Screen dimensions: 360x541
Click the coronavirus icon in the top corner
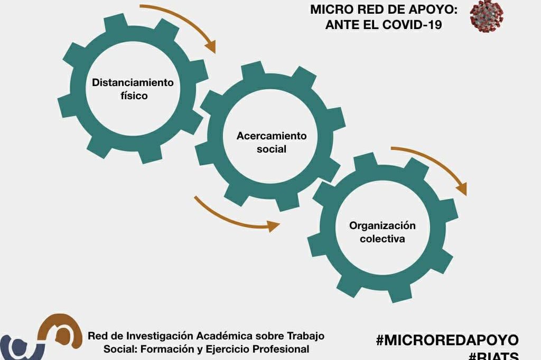[487, 16]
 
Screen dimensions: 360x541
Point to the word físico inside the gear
[134, 96]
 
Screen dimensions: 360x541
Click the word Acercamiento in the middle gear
[271, 136]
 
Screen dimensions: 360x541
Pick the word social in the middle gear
[271, 149]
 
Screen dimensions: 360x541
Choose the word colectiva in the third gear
[382, 239]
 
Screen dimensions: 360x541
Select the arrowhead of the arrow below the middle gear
[273, 226]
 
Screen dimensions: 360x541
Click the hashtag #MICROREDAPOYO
[447, 340]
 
